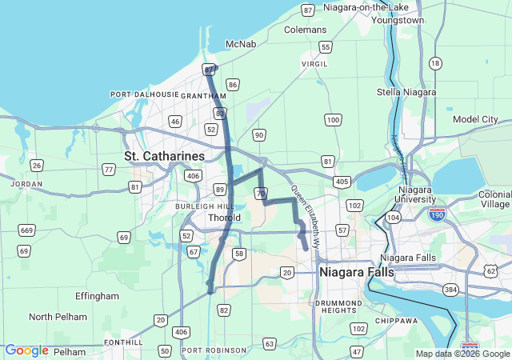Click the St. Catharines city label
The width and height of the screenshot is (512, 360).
pyautogui.click(x=164, y=154)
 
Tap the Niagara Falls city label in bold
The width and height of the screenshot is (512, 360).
pyautogui.click(x=356, y=273)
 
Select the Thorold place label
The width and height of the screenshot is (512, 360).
pyautogui.click(x=223, y=218)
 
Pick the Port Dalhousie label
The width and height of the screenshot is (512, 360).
pyautogui.click(x=145, y=94)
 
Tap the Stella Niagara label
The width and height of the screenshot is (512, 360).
pyautogui.click(x=406, y=93)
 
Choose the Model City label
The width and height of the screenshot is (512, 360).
pyautogui.click(x=475, y=119)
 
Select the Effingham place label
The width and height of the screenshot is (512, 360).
pyautogui.click(x=98, y=296)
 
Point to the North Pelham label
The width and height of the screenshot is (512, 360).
pyautogui.click(x=58, y=317)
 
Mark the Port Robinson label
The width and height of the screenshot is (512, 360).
pyautogui.click(x=214, y=350)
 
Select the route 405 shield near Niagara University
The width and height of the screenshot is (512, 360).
pyautogui.click(x=342, y=182)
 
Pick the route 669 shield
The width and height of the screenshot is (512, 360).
pyautogui.click(x=26, y=230)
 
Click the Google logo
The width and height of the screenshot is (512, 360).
pyautogui.click(x=26, y=350)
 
